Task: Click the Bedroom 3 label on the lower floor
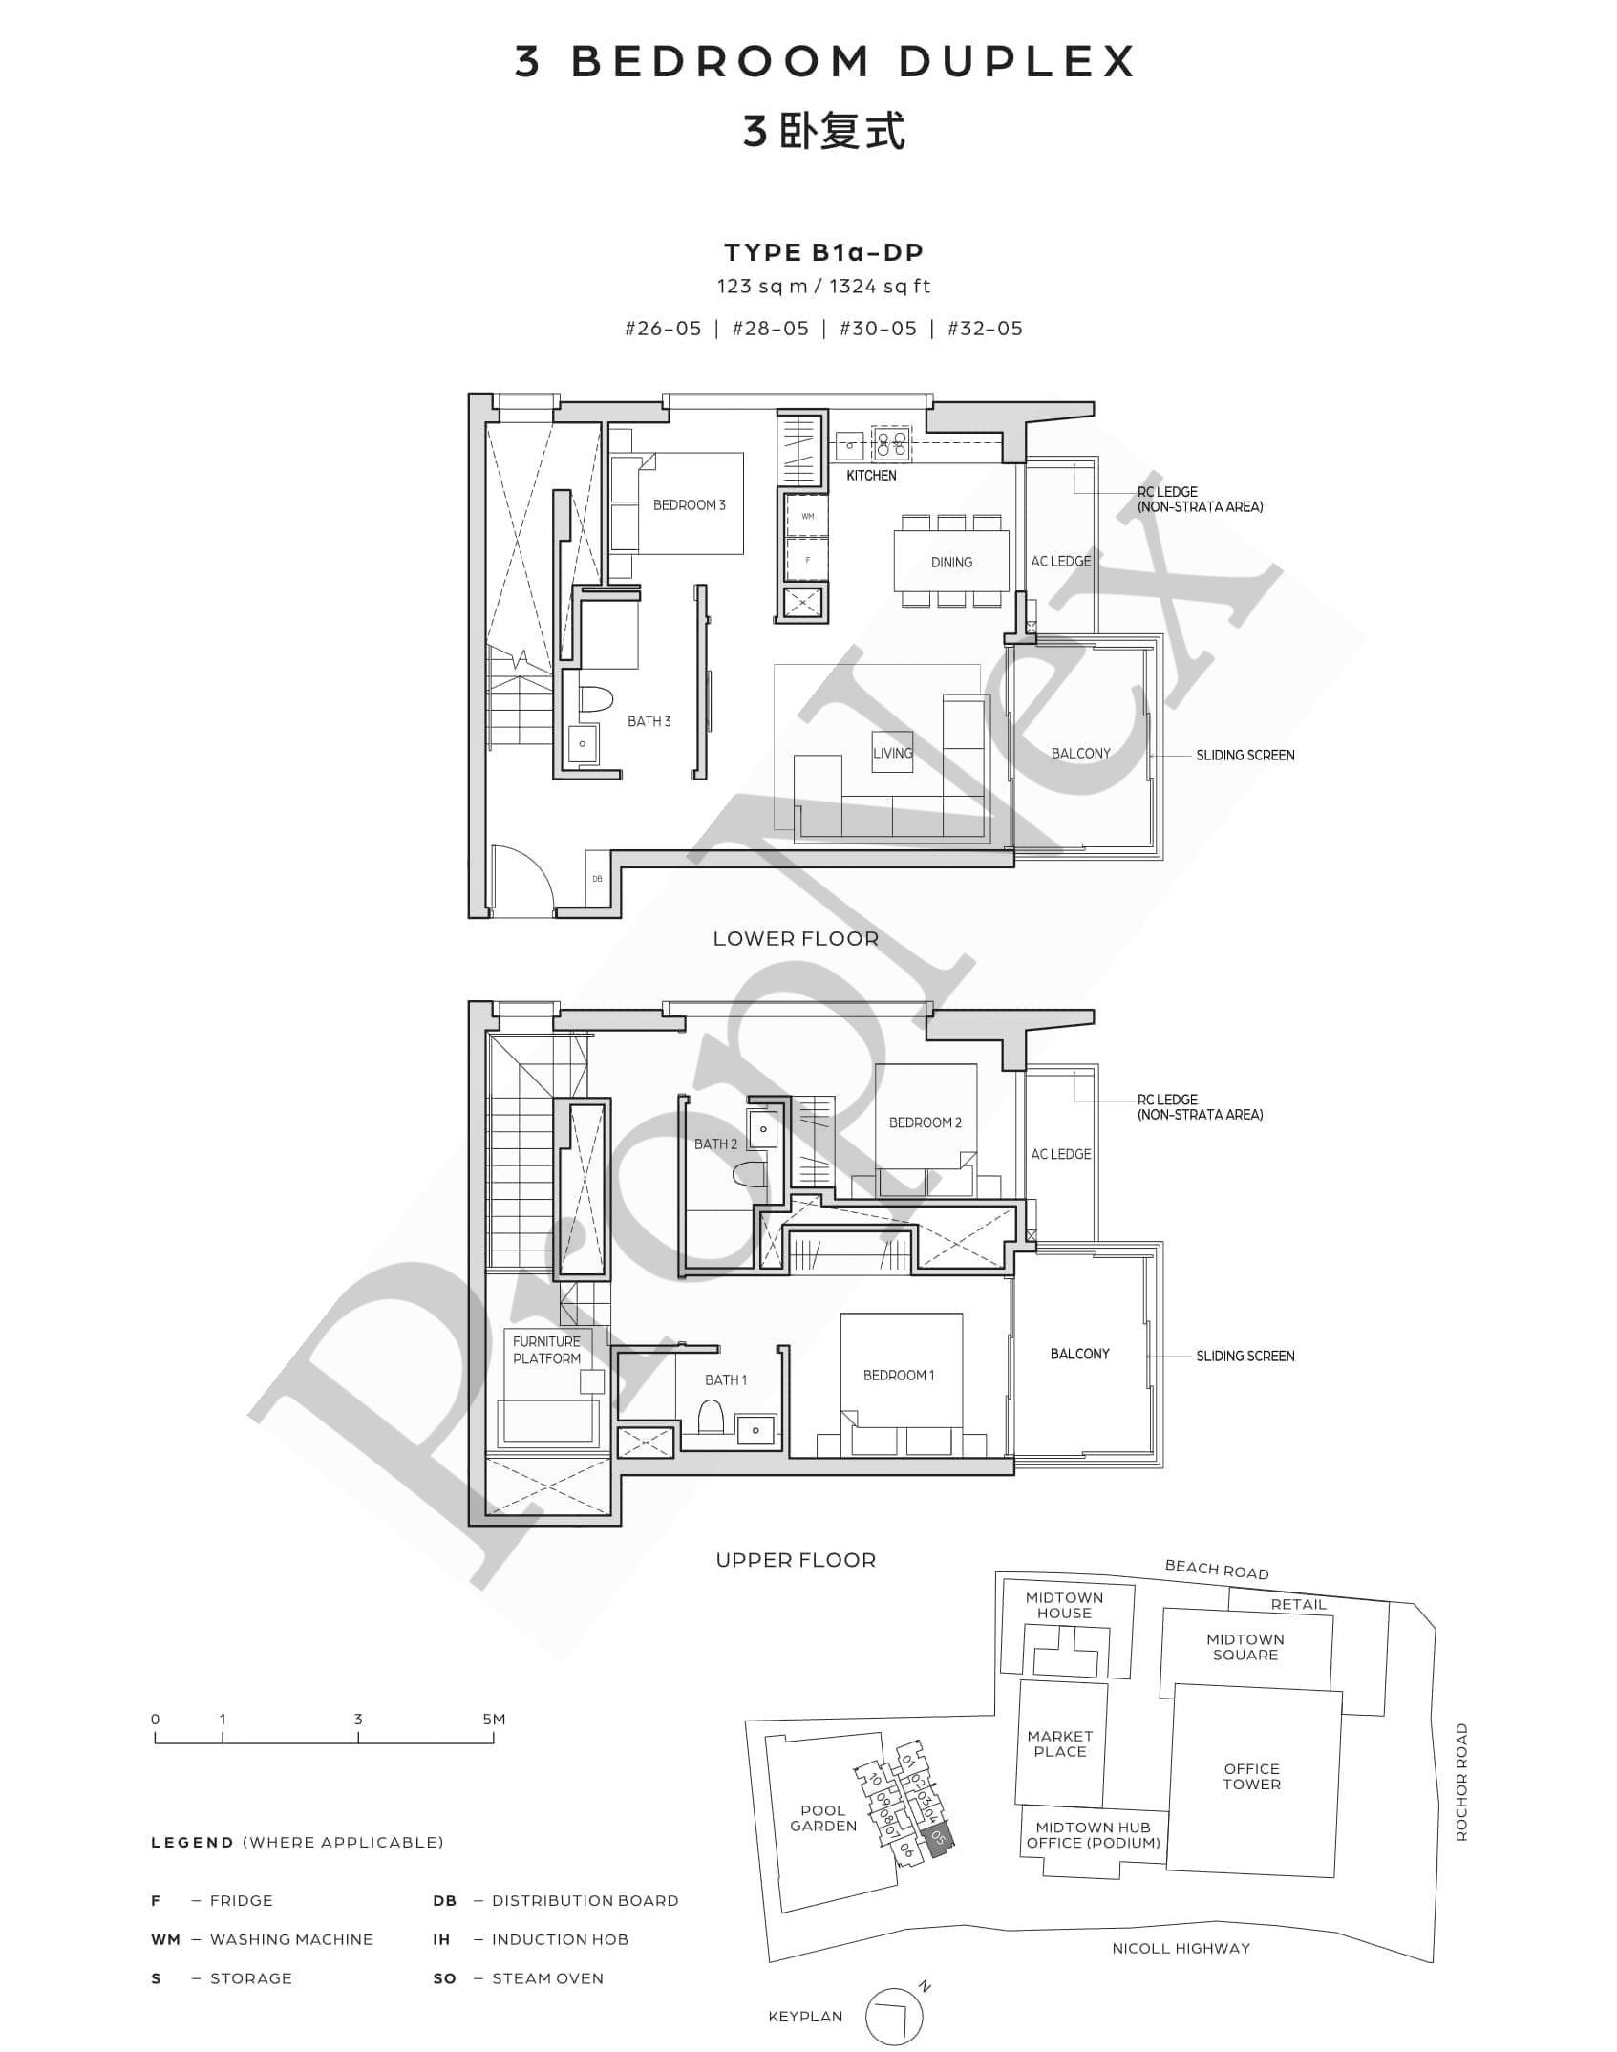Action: [x=689, y=505]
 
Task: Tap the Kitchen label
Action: [x=871, y=476]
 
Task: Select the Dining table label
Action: [x=951, y=563]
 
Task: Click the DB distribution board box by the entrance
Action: [x=597, y=879]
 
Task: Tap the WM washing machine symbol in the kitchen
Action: [x=808, y=517]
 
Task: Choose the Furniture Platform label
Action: [x=546, y=1350]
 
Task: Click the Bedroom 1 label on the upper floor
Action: [x=899, y=1376]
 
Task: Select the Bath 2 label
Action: [x=715, y=1144]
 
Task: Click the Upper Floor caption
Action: [x=796, y=1560]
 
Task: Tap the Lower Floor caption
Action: [x=796, y=939]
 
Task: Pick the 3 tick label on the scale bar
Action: [x=358, y=1719]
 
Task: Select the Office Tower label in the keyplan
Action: [x=1251, y=1776]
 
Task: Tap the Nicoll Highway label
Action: [x=1181, y=1948]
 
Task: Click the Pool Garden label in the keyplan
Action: [x=823, y=1818]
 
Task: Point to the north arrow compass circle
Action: [x=895, y=2016]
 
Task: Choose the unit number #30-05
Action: [x=878, y=329]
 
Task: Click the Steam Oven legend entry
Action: [x=518, y=1978]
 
